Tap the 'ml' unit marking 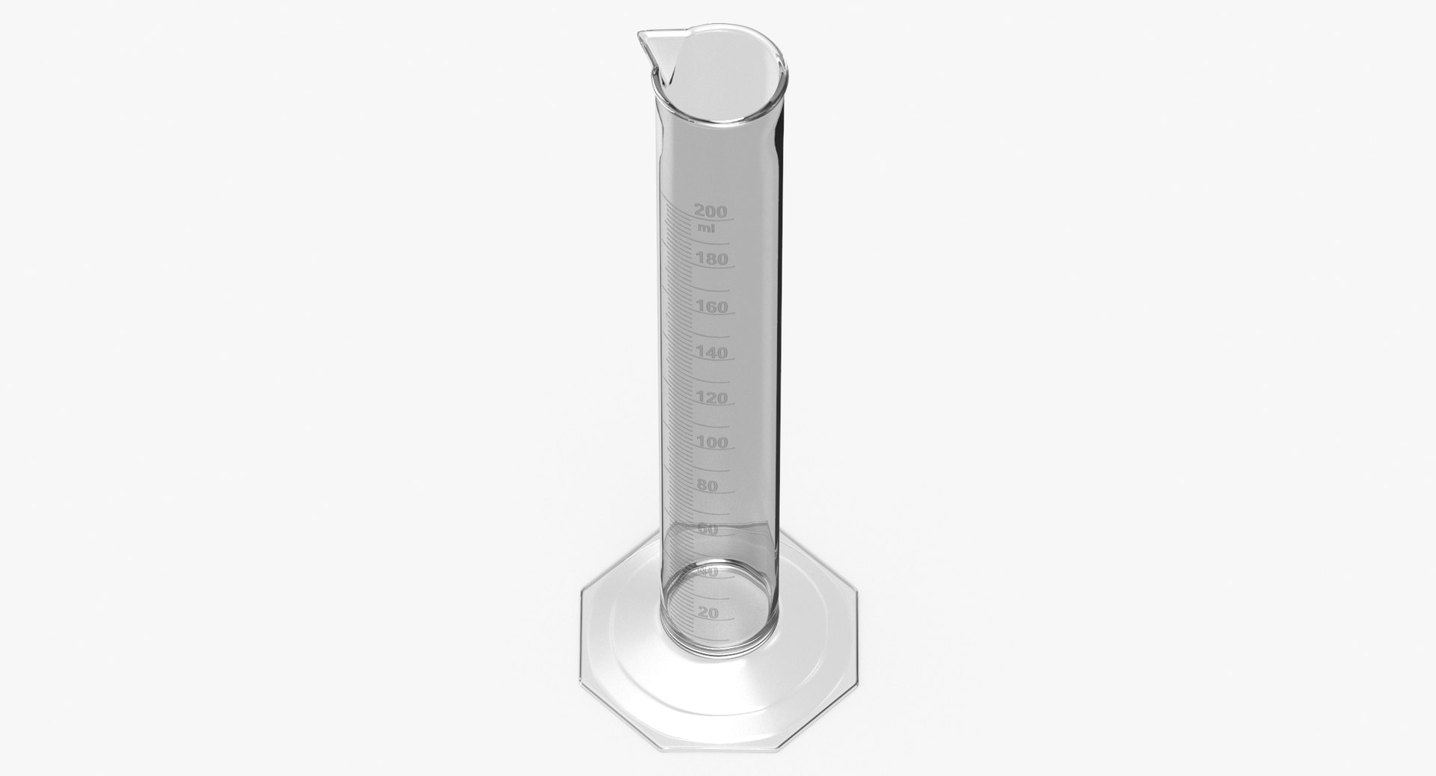[705, 227]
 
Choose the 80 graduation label [707, 485]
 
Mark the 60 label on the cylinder [707, 529]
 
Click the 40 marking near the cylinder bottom [707, 572]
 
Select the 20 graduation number [707, 612]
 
